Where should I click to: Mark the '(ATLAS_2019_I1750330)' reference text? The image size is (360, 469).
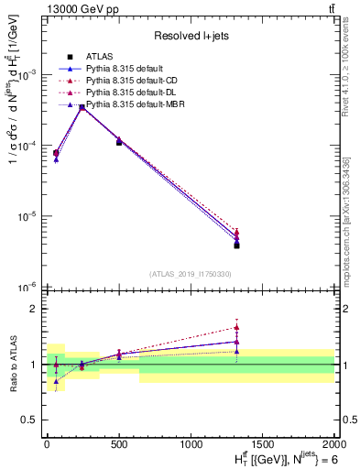pos(190,274)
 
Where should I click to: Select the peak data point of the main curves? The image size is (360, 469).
pos(82,107)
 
